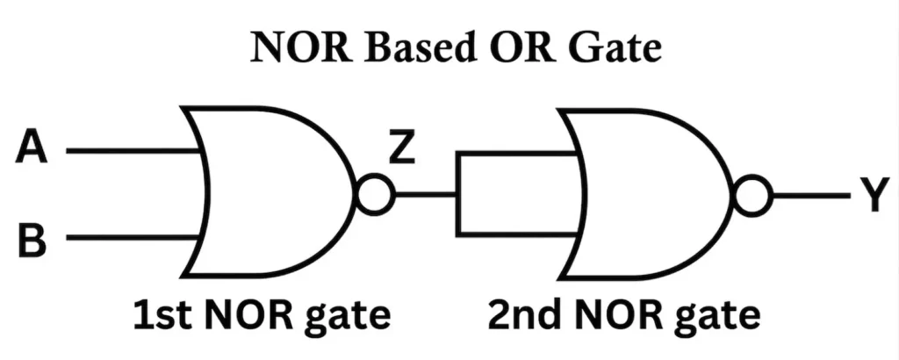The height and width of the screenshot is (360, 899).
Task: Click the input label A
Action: (x=32, y=150)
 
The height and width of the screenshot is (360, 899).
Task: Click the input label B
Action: (x=32, y=238)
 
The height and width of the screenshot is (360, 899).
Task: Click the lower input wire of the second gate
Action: (x=514, y=234)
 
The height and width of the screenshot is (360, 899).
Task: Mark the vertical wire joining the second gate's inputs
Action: (x=457, y=195)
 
